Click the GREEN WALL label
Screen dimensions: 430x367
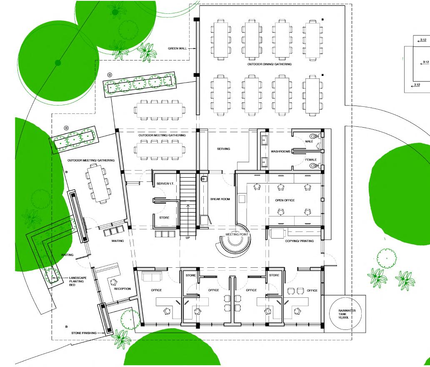click(x=177, y=48)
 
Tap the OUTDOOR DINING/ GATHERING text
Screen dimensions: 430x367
click(x=270, y=64)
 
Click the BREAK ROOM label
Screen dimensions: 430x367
click(x=220, y=199)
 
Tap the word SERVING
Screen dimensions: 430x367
click(x=223, y=149)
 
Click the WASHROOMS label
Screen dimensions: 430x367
click(x=280, y=151)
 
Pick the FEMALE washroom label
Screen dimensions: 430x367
click(x=310, y=160)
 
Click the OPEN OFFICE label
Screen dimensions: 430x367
click(x=285, y=201)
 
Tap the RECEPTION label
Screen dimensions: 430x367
click(x=122, y=289)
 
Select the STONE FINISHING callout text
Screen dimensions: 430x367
click(x=83, y=333)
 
